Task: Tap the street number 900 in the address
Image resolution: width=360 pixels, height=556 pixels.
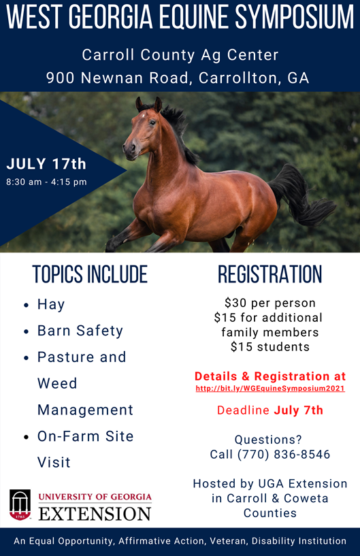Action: [60, 78]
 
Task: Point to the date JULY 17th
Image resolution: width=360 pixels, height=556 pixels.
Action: [46, 164]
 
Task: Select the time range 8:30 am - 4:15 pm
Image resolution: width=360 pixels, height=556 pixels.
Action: [46, 182]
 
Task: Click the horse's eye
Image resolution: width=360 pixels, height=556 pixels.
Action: [152, 122]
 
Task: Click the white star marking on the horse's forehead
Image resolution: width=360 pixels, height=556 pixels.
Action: [143, 115]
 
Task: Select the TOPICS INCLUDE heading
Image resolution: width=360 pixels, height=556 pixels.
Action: [90, 274]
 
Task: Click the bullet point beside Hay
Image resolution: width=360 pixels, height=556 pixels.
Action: [26, 305]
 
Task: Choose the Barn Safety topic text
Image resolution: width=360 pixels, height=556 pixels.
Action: [80, 331]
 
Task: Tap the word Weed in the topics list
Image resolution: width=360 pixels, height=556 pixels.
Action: [57, 383]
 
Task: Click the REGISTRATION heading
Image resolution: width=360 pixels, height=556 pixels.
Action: [270, 274]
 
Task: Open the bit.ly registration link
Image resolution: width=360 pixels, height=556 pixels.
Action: [270, 389]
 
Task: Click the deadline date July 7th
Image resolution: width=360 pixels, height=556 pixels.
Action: [298, 410]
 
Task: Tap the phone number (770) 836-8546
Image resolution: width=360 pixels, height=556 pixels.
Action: [284, 454]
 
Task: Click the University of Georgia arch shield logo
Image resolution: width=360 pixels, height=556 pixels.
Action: [20, 504]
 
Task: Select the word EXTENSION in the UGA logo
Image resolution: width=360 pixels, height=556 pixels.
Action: [95, 514]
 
